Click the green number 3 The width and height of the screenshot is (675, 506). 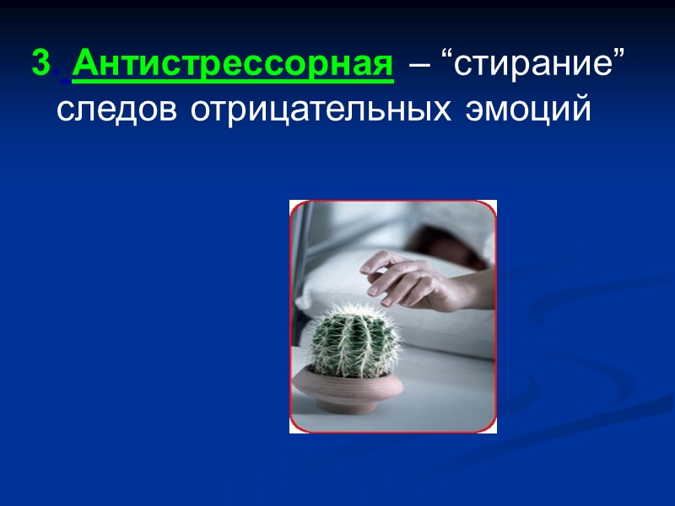40,65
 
